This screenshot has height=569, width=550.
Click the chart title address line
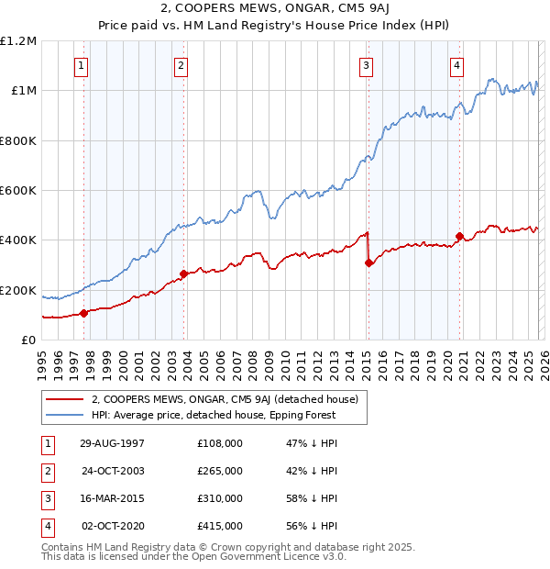pyautogui.click(x=275, y=9)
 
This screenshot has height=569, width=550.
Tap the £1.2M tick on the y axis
pyautogui.click(x=18, y=41)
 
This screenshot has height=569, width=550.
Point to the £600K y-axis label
pyautogui.click(x=18, y=191)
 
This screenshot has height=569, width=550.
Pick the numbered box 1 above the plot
pyautogui.click(x=82, y=65)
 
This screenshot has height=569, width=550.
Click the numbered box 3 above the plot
pyautogui.click(x=366, y=65)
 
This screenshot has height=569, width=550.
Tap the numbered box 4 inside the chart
pyautogui.click(x=456, y=65)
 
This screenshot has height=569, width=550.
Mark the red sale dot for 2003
pyautogui.click(x=184, y=273)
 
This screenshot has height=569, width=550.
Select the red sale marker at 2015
pyautogui.click(x=368, y=262)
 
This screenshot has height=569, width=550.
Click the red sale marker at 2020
pyautogui.click(x=459, y=236)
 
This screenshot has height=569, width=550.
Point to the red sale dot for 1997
pyautogui.click(x=84, y=313)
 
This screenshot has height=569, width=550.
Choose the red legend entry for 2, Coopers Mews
pyautogui.click(x=229, y=399)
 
